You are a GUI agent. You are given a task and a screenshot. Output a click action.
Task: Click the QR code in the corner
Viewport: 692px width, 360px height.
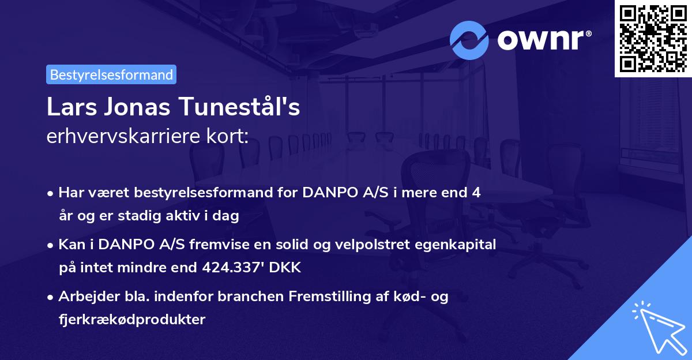653,38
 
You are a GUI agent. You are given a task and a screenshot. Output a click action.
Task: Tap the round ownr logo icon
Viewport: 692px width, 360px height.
469,40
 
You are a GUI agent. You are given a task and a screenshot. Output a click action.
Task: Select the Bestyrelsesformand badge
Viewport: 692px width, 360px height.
111,74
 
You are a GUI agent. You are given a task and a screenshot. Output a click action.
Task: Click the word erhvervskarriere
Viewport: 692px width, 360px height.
121,136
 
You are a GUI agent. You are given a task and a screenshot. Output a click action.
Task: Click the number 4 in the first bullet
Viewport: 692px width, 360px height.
476,193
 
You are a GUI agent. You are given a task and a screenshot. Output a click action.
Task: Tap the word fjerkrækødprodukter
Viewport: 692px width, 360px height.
131,319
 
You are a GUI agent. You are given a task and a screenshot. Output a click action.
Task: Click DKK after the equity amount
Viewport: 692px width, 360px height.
286,268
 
